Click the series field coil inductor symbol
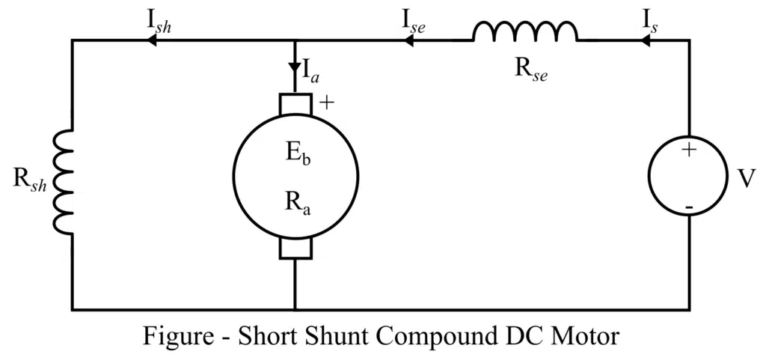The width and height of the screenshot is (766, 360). click(x=524, y=31)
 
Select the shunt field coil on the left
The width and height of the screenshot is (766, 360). click(x=64, y=183)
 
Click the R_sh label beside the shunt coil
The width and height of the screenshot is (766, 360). click(x=30, y=183)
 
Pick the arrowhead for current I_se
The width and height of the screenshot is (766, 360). click(x=408, y=40)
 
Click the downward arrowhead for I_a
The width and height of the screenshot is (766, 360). click(x=295, y=67)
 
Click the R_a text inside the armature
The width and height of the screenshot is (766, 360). click(x=295, y=202)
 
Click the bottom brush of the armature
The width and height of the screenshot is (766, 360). click(x=295, y=248)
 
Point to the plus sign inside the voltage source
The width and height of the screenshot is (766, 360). click(x=688, y=150)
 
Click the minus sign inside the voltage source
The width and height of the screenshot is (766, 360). click(x=688, y=204)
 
